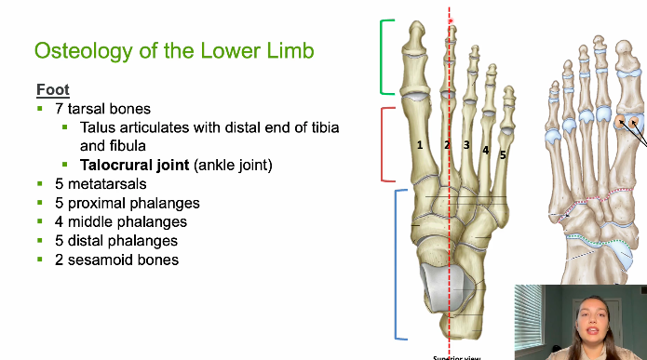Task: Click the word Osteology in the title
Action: (78, 49)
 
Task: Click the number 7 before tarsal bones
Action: (59, 109)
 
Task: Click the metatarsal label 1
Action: (420, 144)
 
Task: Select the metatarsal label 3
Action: (465, 145)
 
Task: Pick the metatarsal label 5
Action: (502, 155)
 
